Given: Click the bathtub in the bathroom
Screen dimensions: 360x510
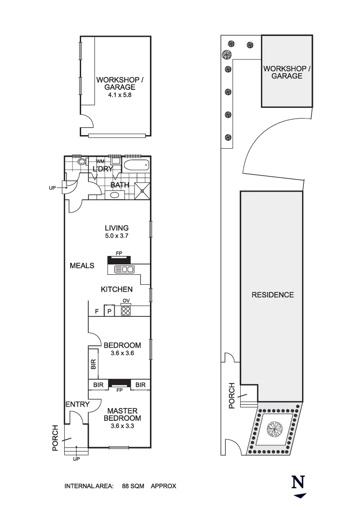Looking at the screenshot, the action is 136,165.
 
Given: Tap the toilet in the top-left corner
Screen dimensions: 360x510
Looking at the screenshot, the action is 82,161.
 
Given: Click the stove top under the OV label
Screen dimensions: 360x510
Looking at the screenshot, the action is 126,311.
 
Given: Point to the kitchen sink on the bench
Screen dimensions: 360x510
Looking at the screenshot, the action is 125,269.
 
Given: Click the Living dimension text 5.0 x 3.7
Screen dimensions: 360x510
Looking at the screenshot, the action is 117,236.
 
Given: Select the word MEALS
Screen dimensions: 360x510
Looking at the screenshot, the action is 82,266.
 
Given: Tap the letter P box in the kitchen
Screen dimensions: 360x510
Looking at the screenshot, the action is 109,311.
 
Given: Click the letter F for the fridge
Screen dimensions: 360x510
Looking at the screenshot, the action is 97,312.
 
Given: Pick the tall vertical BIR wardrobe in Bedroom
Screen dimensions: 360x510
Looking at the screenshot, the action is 93,364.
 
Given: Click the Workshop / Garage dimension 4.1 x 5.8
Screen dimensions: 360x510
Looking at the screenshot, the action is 120,95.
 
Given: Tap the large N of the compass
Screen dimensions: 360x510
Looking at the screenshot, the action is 298,482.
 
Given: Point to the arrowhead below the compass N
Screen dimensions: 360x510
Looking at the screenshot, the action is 300,496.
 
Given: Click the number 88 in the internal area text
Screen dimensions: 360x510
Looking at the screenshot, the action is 126,486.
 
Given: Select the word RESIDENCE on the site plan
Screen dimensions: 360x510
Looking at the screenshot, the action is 273,295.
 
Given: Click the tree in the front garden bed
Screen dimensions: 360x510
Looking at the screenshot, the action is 274,430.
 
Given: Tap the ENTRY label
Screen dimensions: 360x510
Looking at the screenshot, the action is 77,404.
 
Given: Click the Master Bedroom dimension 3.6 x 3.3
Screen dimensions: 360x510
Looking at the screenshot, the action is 122,426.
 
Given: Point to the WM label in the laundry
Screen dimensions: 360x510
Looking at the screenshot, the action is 100,161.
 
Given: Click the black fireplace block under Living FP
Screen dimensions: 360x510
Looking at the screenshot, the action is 119,260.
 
